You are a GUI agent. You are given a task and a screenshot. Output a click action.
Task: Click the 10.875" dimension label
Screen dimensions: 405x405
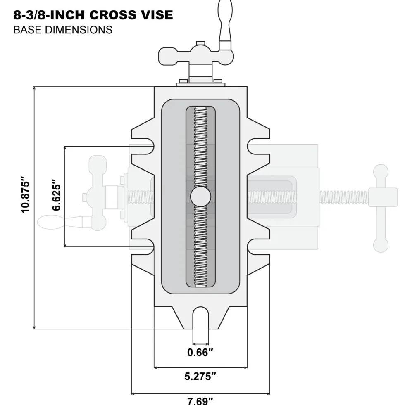[x=26, y=195]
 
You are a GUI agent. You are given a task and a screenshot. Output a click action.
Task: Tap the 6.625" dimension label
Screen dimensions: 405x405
[x=56, y=195]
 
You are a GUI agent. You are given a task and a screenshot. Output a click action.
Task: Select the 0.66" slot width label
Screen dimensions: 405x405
[x=200, y=352]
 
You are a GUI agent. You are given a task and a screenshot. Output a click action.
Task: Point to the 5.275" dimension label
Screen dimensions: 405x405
[x=200, y=377]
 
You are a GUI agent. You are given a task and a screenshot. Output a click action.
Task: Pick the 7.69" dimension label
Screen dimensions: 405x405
[x=200, y=400]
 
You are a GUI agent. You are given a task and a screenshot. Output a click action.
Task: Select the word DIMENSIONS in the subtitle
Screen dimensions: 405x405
[x=79, y=30]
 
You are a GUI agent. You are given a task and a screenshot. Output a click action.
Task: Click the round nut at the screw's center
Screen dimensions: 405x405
[x=200, y=197]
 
